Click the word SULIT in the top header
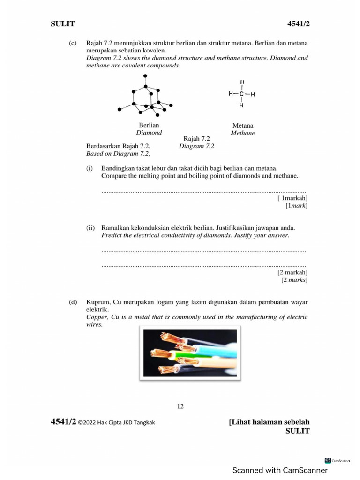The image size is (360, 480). [62, 23]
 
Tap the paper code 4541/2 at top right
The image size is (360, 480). [298, 23]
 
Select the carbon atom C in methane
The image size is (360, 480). [241, 94]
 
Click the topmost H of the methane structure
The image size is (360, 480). [241, 82]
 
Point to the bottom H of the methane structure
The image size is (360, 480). [241, 105]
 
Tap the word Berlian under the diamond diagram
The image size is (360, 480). [149, 125]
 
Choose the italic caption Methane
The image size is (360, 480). [243, 133]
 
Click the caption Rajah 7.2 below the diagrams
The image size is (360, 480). [197, 139]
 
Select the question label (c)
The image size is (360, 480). [73, 43]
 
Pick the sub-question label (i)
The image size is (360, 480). [90, 167]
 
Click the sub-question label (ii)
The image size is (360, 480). [91, 228]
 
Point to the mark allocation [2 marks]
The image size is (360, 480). [294, 280]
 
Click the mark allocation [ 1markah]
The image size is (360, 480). [292, 198]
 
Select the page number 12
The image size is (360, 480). [180, 406]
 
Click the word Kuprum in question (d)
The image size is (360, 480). [97, 302]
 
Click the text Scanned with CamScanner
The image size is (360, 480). [280, 470]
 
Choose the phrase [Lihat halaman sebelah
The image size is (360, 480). [269, 422]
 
